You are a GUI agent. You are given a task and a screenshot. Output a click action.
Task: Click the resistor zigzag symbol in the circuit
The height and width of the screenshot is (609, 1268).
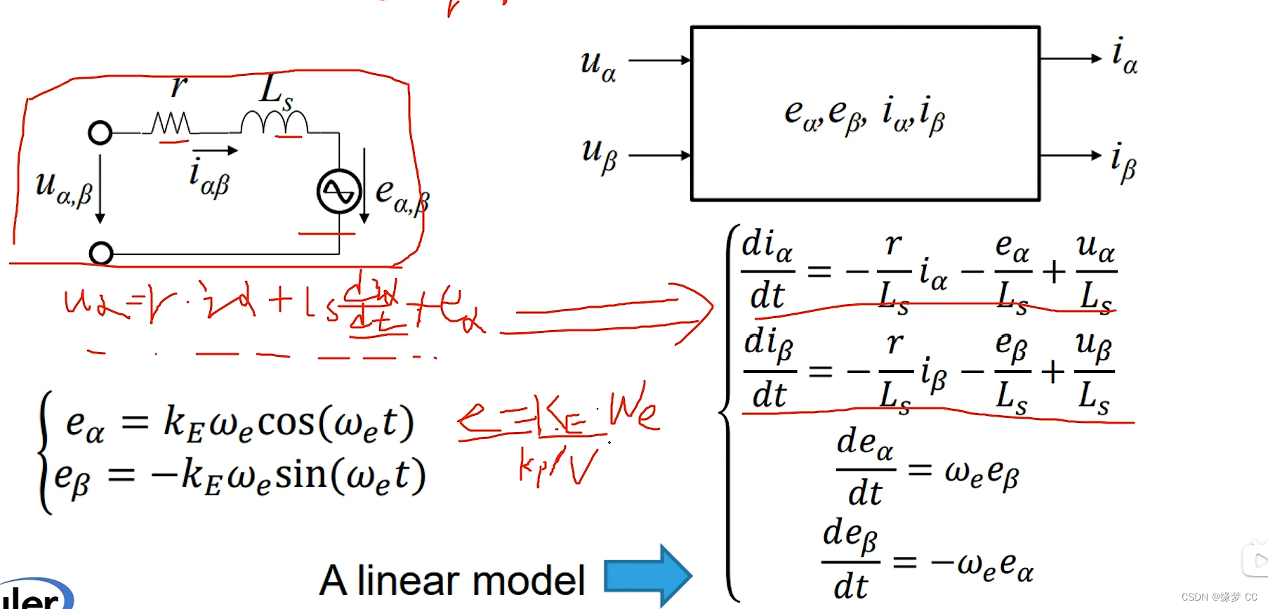[x=171, y=124]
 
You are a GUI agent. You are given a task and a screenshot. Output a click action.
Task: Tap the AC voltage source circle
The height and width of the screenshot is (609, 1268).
[x=339, y=192]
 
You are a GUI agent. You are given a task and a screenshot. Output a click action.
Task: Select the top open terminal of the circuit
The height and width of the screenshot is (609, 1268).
[x=100, y=132]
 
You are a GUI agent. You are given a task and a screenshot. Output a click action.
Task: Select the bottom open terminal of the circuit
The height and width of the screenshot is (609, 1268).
[x=101, y=253]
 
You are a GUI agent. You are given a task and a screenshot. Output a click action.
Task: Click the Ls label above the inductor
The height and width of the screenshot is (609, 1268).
[x=276, y=92]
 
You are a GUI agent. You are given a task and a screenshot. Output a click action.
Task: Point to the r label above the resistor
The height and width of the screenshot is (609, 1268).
[x=179, y=86]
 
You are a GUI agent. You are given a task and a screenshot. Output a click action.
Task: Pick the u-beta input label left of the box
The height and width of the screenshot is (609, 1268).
[x=599, y=155]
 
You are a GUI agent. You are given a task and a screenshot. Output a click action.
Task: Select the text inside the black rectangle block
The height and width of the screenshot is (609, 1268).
[x=864, y=114]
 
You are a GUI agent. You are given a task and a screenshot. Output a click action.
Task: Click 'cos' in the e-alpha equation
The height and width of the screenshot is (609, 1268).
[x=286, y=422]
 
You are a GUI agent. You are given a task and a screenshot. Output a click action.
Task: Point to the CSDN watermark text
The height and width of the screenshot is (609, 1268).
[x=1219, y=597]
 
